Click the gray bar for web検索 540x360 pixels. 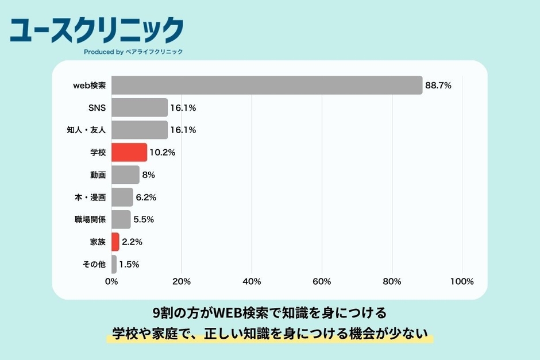coord(267,85)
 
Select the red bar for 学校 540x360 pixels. coord(129,152)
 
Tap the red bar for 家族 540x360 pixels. coord(115,242)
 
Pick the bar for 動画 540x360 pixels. coord(125,175)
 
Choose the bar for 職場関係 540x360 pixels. coord(121,219)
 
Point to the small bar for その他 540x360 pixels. coord(114,264)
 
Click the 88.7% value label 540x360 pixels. coord(438,86)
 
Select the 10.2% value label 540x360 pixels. coord(162,153)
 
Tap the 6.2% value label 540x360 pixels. coord(146,197)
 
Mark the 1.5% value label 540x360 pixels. coord(129,265)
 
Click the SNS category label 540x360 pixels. coord(97,107)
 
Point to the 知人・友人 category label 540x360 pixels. coord(86,130)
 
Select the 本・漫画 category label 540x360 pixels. coord(90,197)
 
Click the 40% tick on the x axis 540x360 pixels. coord(252,281)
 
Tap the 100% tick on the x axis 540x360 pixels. coord(462,281)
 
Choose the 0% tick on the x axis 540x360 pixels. coord(111,281)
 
